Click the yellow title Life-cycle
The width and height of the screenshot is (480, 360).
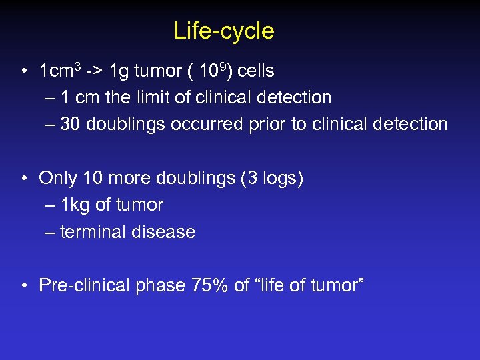(223, 31)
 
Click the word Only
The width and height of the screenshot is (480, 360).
(58, 178)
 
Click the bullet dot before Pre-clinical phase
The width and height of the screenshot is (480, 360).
(23, 286)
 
